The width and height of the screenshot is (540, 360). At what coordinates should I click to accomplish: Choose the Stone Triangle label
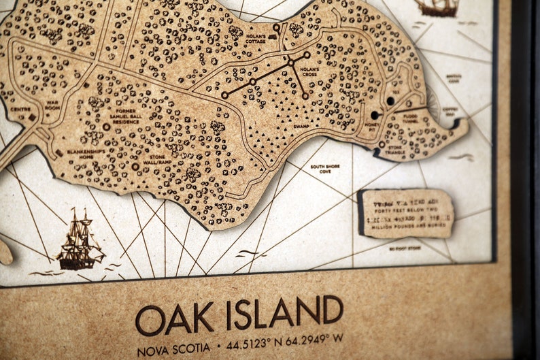pos(395,149)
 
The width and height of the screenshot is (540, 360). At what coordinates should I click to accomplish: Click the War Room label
pos(53,106)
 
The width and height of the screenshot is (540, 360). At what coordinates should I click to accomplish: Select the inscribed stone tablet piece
pos(405,213)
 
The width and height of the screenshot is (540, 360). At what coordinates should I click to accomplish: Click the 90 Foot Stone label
pos(405,250)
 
